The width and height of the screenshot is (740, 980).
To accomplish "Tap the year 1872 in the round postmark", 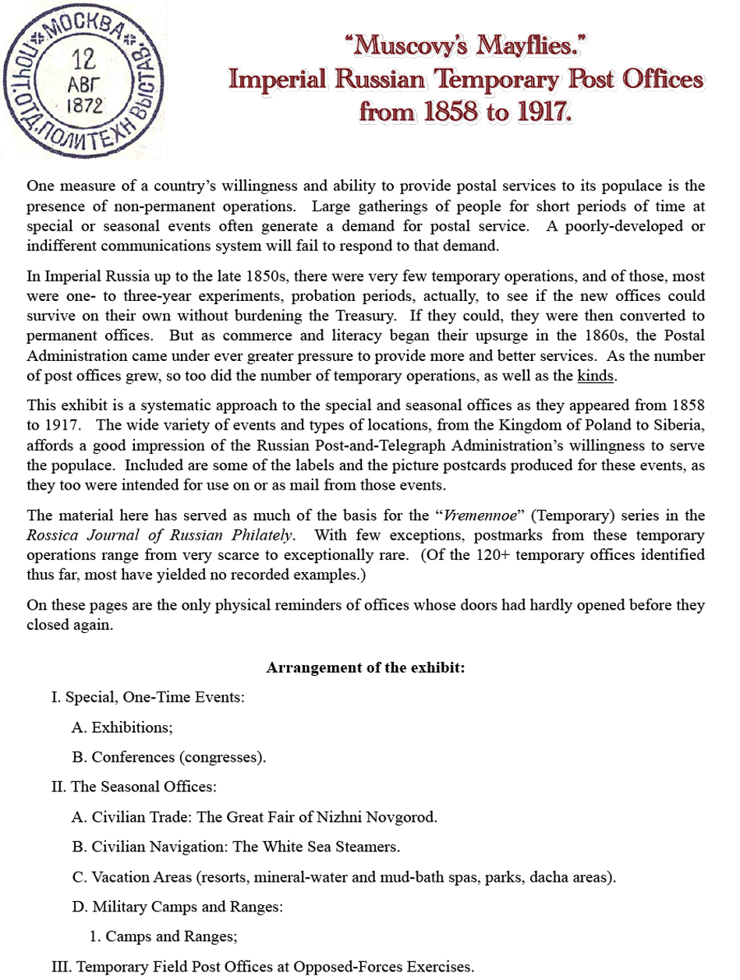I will coord(86,105).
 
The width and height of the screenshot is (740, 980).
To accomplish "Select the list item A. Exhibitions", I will coord(122,727).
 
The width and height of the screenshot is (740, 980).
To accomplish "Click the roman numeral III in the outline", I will coord(61,967).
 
